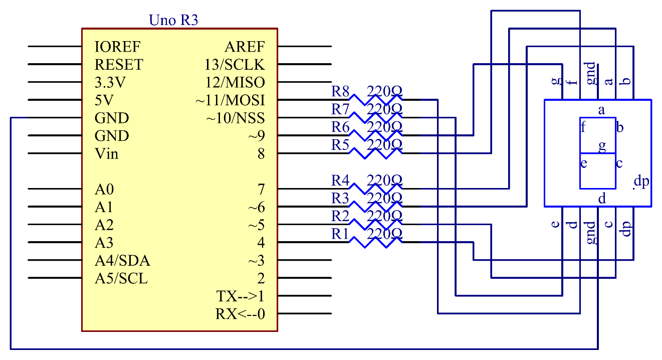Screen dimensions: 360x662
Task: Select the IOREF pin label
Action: point(118,47)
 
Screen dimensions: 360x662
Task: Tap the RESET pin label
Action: point(119,65)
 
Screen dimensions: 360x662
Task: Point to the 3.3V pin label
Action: point(110,82)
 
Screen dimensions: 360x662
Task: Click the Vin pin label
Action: point(107,153)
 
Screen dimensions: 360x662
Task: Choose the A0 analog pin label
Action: point(104,190)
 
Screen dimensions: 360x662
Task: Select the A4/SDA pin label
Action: point(122,261)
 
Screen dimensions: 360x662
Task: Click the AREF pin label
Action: point(245,47)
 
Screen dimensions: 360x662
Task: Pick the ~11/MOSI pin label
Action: point(230,100)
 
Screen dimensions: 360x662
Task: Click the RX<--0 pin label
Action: point(240,314)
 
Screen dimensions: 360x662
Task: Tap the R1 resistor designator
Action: point(340,234)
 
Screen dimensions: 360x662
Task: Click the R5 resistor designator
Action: point(340,144)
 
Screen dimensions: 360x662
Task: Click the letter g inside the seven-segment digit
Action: point(602,146)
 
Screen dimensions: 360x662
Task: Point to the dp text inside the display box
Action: point(641,181)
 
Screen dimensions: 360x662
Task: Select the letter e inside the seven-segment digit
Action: point(584,163)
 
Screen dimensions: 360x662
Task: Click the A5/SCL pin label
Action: point(121,279)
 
